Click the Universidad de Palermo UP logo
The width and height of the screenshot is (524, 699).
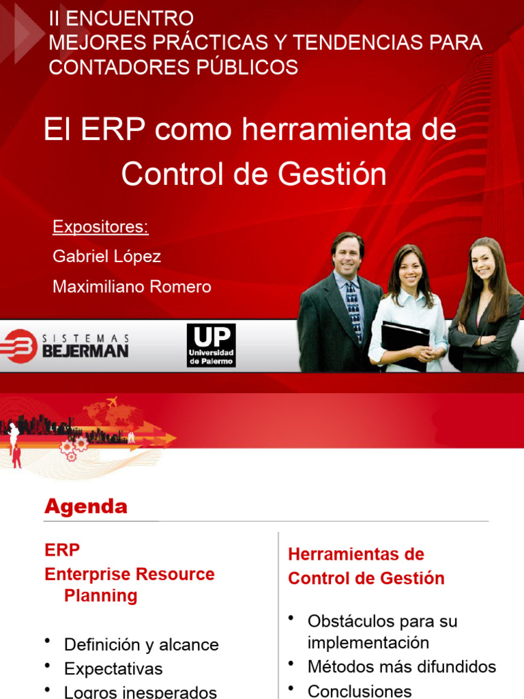[211, 345]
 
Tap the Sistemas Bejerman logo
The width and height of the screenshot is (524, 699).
[65, 345]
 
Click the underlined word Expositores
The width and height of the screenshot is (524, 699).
[100, 227]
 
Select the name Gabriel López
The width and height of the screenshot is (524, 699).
[106, 257]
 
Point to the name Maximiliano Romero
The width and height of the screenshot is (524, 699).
[132, 287]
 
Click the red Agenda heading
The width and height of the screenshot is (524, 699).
[85, 507]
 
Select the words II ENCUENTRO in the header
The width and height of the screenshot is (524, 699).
[121, 18]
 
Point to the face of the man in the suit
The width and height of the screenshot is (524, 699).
[347, 254]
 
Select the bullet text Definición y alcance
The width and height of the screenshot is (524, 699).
[141, 644]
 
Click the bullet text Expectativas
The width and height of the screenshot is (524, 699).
[113, 668]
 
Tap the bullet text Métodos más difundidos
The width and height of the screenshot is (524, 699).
[402, 666]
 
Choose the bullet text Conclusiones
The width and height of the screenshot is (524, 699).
[360, 691]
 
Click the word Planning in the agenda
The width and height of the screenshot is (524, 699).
[100, 595]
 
